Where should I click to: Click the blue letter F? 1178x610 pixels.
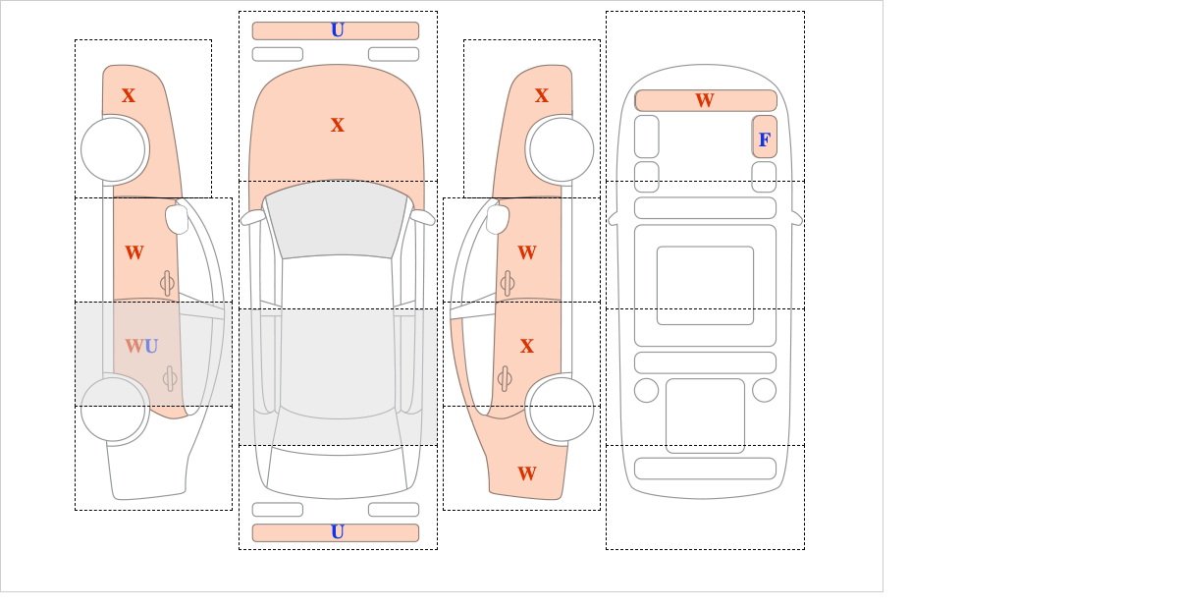click(x=764, y=139)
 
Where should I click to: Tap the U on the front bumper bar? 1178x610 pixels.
click(x=338, y=30)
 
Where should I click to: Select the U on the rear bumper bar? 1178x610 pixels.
click(x=338, y=532)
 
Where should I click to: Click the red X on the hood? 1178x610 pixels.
click(x=338, y=125)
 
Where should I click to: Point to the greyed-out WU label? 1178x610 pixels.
click(x=141, y=346)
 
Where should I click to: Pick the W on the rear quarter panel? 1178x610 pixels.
click(x=527, y=473)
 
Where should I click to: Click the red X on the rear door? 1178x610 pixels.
click(x=527, y=346)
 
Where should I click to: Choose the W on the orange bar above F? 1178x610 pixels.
click(x=705, y=100)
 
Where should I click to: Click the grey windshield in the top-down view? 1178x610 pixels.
click(x=337, y=219)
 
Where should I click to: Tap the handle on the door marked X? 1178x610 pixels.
click(x=505, y=378)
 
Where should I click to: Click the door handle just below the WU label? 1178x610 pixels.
click(x=170, y=378)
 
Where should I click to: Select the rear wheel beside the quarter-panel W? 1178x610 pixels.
click(x=562, y=409)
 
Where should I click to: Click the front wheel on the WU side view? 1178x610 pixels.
click(x=113, y=149)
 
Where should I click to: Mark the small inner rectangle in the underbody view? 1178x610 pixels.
click(x=705, y=285)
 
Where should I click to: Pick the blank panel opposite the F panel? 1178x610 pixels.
click(x=647, y=137)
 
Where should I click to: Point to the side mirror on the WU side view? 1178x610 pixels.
click(x=177, y=219)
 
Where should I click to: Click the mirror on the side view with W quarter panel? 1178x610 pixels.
click(x=498, y=219)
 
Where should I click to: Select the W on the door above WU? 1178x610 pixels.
click(x=134, y=252)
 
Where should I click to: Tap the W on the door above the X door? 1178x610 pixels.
click(x=527, y=252)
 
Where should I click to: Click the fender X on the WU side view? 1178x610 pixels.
click(x=129, y=95)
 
